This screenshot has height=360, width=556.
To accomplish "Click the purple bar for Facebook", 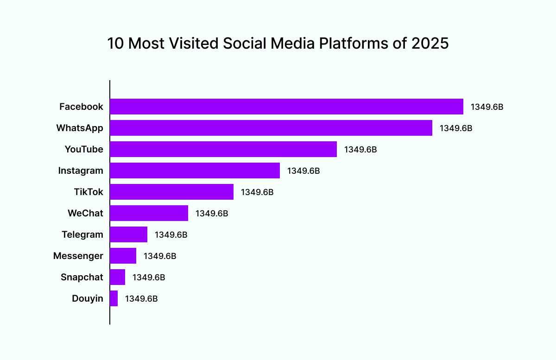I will (x=286, y=107).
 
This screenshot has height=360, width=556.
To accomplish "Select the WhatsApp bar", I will (x=271, y=128).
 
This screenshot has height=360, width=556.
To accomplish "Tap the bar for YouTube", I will (x=223, y=149).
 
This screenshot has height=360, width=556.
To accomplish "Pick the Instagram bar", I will (x=195, y=171).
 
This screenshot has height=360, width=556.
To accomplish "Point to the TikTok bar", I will (x=171, y=192).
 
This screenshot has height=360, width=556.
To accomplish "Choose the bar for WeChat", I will (x=149, y=213).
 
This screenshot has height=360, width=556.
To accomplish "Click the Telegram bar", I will (x=128, y=234).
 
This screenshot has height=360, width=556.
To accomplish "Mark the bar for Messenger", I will (x=123, y=256).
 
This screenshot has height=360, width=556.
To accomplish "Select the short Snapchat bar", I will (x=117, y=277).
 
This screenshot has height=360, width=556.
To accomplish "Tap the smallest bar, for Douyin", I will (x=114, y=298).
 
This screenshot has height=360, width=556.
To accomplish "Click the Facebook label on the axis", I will (x=81, y=107).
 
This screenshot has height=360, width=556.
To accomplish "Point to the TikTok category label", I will (x=88, y=192).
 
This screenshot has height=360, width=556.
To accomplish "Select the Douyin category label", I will (x=88, y=298).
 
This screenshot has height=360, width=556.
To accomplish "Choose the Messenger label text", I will (x=78, y=256).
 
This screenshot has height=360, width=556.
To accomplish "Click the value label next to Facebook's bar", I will (x=487, y=107).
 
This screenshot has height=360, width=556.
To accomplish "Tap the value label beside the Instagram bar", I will (x=303, y=171).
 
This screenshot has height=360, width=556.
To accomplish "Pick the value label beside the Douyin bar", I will (x=141, y=298).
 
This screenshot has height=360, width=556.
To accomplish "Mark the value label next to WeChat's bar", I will (x=212, y=213).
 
